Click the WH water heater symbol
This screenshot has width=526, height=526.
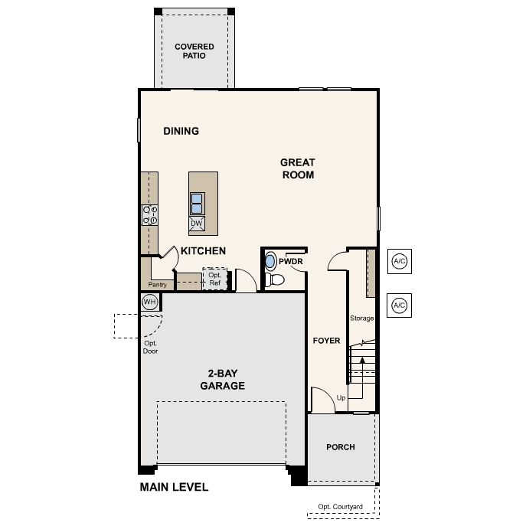[149, 302]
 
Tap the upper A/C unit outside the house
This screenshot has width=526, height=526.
[399, 261]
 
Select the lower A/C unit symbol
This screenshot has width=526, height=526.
[399, 305]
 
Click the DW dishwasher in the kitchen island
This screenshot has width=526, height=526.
[197, 224]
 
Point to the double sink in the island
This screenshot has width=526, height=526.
[197, 204]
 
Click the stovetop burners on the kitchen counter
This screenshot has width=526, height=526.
[149, 215]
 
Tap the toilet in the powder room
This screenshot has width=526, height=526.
[274, 279]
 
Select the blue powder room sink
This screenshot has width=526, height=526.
[270, 261]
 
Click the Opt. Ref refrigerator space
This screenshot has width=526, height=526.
[215, 279]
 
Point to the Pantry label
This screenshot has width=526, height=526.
[157, 285]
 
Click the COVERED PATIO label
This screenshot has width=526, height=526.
[194, 51]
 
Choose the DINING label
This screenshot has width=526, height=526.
[181, 131]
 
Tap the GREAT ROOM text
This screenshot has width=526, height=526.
[298, 168]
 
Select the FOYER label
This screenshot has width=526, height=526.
[326, 341]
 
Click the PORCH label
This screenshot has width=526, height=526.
[341, 447]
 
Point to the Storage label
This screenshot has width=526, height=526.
[361, 318]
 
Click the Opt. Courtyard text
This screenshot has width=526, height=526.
[340, 507]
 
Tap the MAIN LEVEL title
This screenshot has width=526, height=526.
[174, 487]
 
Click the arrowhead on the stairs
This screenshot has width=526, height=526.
[362, 360]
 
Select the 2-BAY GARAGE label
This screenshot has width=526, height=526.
[222, 380]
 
